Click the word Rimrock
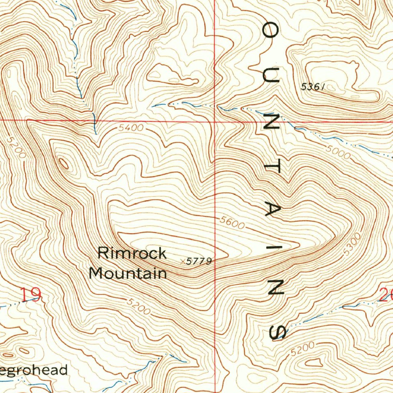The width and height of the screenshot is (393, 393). click(x=132, y=254)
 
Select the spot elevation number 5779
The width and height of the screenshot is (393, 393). click(x=199, y=262)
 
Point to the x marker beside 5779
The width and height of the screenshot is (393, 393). click(x=182, y=261)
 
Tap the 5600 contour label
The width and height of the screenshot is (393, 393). click(x=232, y=223)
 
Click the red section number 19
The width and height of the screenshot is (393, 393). click(x=31, y=295)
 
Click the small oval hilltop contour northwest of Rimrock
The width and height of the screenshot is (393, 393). click(x=63, y=164)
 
